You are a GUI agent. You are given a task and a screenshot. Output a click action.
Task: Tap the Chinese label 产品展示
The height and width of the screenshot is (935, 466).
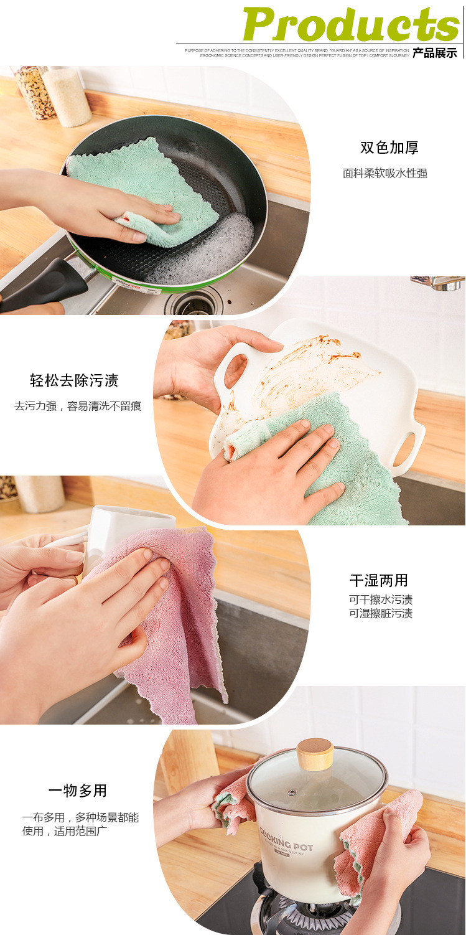[x=435, y=54]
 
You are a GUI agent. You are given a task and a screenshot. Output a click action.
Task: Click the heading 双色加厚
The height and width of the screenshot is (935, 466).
[x=389, y=148]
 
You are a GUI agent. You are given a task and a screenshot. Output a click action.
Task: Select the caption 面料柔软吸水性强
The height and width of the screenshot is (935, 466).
[x=385, y=174]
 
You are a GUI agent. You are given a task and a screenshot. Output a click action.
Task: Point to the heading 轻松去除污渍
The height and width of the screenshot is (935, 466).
[x=74, y=380]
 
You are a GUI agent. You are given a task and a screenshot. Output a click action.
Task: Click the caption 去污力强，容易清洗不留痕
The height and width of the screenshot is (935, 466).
[x=78, y=406]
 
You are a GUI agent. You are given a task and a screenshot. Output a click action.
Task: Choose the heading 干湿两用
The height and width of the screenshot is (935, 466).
[x=379, y=581]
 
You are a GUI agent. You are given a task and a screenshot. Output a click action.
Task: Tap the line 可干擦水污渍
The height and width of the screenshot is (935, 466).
[x=381, y=600]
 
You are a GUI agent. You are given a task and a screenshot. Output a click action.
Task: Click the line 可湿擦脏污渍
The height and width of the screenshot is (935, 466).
[x=381, y=614]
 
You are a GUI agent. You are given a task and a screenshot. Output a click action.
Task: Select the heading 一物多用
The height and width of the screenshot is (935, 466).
[x=78, y=791]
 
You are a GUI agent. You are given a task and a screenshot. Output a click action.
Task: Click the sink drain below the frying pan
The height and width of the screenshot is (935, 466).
[x=193, y=303]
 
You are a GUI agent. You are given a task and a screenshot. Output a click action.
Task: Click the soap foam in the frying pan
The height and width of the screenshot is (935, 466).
[x=212, y=249]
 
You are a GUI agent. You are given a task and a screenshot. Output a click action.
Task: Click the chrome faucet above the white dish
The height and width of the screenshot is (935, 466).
[x=439, y=283]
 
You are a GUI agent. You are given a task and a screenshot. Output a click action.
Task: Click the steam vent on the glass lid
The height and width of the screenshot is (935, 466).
[x=291, y=792]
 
